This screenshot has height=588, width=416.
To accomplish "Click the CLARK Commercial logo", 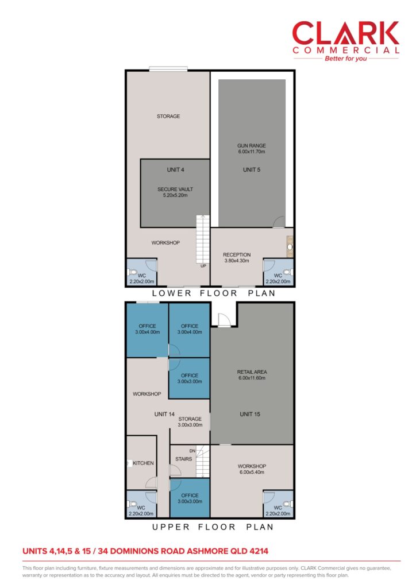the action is [x=345, y=41].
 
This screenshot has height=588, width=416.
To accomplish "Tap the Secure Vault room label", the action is [x=175, y=192].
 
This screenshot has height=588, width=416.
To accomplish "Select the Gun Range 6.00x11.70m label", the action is [x=251, y=149].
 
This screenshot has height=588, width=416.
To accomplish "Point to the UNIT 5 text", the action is [x=251, y=169].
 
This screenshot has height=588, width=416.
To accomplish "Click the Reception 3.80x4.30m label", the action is [x=237, y=258].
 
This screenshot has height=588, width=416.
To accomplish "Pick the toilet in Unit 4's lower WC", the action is [x=132, y=272].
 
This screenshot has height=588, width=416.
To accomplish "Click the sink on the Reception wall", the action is [x=290, y=246].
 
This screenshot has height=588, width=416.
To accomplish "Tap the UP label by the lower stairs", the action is [x=203, y=266].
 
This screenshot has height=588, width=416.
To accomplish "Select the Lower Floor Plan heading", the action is [x=213, y=293].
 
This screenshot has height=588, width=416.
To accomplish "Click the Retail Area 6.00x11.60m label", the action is [x=252, y=375].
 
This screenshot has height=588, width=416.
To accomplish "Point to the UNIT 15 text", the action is [x=250, y=414].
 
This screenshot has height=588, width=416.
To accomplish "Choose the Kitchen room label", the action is [x=143, y=463].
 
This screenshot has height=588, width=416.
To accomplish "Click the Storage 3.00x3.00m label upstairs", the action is [x=190, y=422].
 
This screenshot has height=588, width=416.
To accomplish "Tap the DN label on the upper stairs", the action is [x=192, y=451].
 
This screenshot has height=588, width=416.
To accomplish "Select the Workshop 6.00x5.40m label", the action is [x=252, y=469].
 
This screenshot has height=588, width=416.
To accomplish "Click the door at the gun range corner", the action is [x=278, y=222].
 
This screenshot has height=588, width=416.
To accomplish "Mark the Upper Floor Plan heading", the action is [x=213, y=527].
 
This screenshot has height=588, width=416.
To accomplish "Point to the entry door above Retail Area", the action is [x=224, y=320].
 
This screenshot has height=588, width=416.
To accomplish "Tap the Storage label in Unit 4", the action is [x=168, y=116].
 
